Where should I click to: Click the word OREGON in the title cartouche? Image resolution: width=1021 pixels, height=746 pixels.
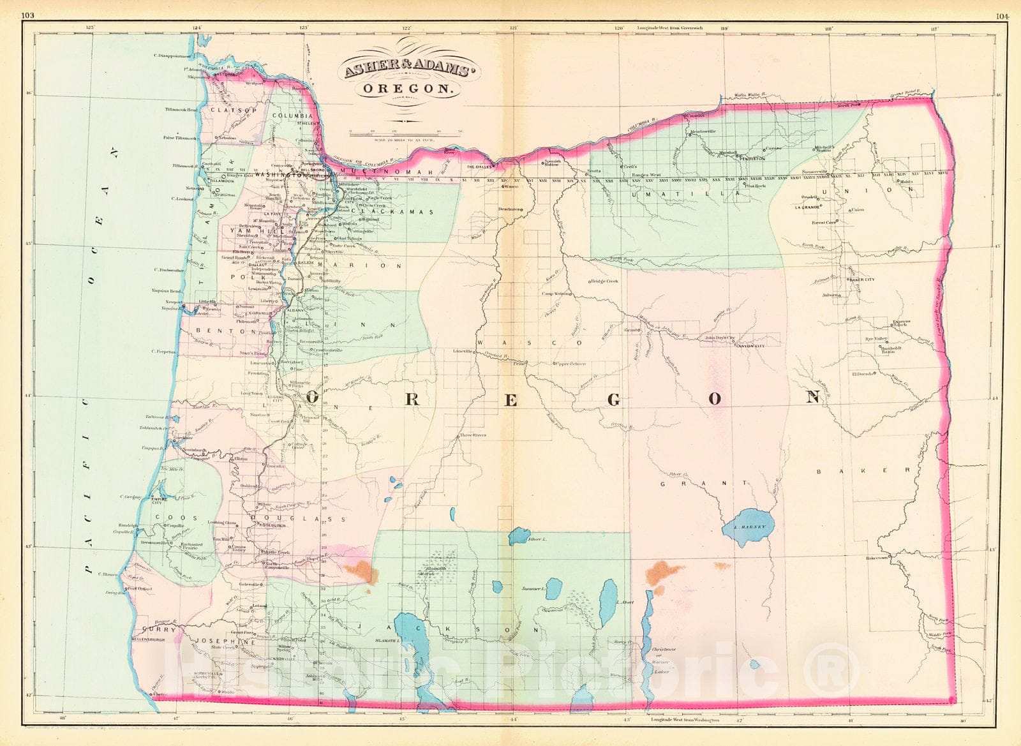(x=406, y=90)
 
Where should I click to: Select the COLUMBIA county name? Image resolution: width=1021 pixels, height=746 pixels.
(x=292, y=116)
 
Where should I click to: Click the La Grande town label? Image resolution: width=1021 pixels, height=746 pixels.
(x=807, y=207)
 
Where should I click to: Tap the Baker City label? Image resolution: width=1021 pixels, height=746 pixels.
(x=861, y=280)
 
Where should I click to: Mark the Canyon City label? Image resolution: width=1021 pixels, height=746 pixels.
(x=750, y=345)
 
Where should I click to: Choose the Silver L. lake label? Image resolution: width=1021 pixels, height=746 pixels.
(x=538, y=540)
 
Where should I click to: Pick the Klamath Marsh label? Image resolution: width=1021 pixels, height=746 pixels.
(x=426, y=571)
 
